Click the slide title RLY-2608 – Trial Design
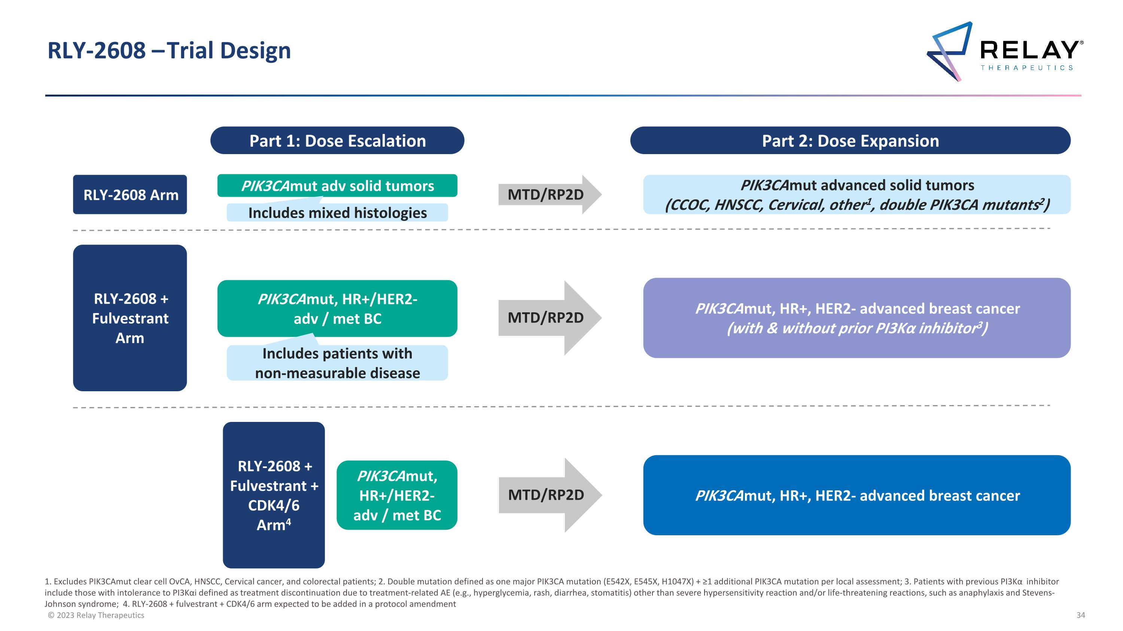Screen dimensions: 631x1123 [169, 50]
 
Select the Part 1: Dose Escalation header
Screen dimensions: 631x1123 [337, 141]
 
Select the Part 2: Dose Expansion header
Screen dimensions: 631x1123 [850, 141]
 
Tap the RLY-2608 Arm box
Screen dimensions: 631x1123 [130, 194]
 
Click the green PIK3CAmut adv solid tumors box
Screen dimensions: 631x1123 [337, 186]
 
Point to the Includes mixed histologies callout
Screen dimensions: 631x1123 [337, 213]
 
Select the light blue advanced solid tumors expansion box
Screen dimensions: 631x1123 [856, 194]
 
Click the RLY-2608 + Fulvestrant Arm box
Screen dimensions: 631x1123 [130, 318]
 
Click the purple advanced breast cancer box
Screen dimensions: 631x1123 [856, 318]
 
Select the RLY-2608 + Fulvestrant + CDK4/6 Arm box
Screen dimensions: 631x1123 [273, 495]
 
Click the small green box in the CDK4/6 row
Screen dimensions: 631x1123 [397, 495]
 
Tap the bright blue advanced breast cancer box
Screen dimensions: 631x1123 [856, 495]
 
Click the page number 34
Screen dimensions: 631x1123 [1080, 615]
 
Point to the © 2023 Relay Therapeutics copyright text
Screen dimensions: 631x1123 [96, 615]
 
